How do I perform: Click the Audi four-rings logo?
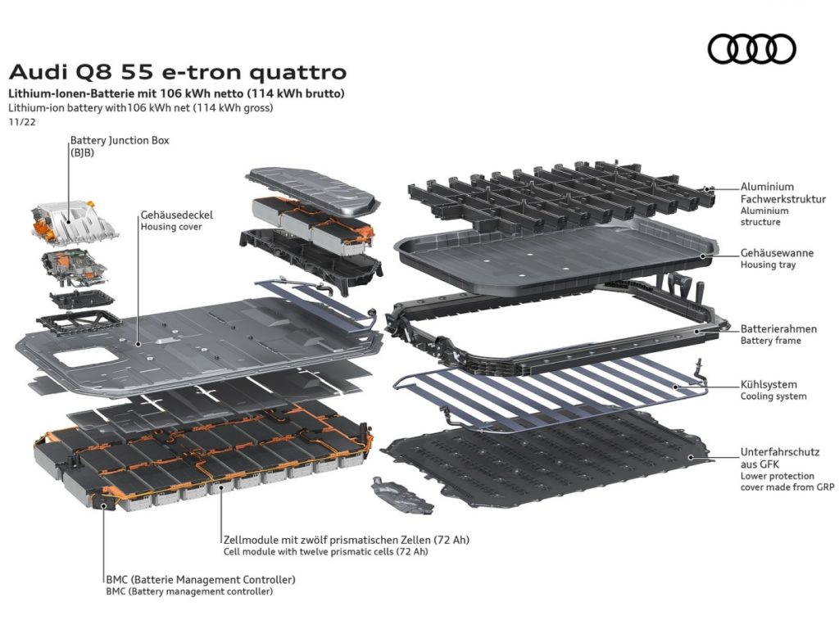click(752, 48)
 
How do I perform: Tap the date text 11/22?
click(22, 121)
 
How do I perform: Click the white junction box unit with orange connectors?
click(74, 220)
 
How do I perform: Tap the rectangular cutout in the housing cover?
click(85, 357)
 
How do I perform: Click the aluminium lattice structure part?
click(562, 194)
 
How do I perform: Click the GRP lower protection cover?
click(546, 460)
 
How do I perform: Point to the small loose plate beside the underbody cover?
click(401, 496)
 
